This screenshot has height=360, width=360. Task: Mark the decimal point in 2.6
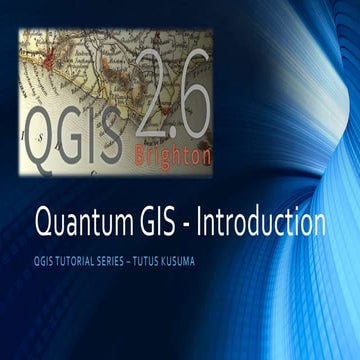174,111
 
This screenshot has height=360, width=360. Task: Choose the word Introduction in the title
262,222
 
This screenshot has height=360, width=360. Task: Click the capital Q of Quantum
44,223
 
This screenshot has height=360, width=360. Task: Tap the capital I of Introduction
201,221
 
